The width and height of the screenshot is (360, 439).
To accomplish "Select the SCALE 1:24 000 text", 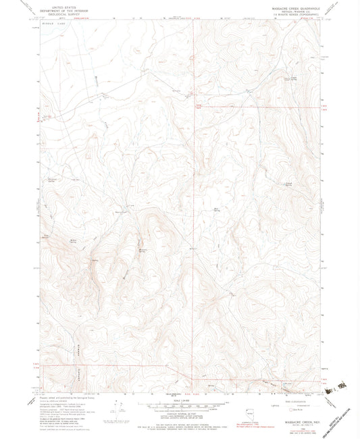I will [180, 400].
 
